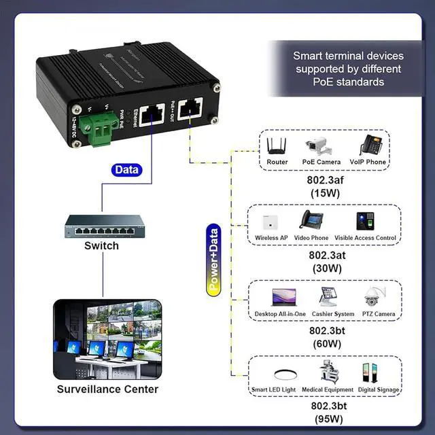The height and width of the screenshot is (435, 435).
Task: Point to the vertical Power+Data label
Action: (213, 259)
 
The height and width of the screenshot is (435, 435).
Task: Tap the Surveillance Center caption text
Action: (107, 389)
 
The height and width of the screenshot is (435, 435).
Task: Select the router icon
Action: (277, 146)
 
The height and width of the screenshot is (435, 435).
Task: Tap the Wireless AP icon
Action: (272, 222)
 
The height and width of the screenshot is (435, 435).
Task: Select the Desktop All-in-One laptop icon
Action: (281, 297)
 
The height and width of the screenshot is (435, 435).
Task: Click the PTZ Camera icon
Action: (375, 297)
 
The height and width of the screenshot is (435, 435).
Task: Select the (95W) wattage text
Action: (329, 419)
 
